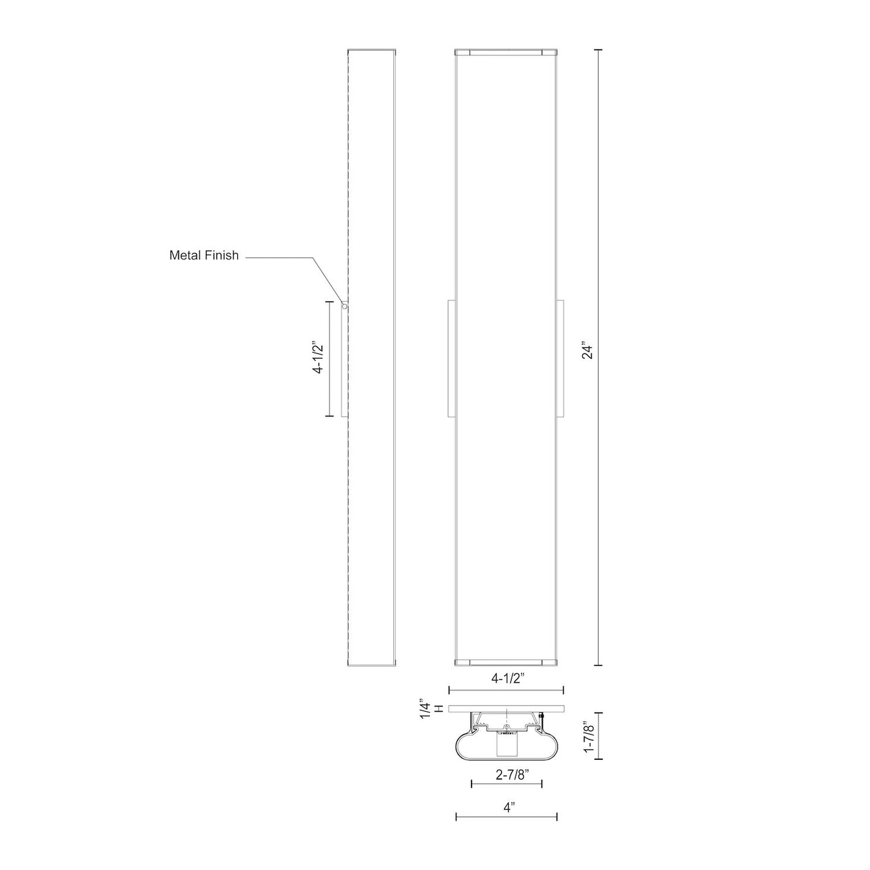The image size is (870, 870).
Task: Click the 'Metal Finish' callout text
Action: pyautogui.click(x=204, y=255)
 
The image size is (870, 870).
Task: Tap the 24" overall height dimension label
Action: pyautogui.click(x=588, y=351)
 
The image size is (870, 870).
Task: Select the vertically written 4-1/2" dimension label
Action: pyautogui.click(x=318, y=358)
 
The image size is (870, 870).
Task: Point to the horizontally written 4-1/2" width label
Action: pyautogui.click(x=509, y=678)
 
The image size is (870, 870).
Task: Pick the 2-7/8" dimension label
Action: pyautogui.click(x=508, y=775)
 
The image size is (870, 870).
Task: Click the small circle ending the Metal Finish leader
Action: pyautogui.click(x=344, y=306)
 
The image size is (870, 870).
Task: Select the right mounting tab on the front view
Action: pyautogui.click(x=561, y=358)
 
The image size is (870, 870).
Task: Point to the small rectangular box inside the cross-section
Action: pyautogui.click(x=506, y=746)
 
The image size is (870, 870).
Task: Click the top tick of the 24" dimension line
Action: pyautogui.click(x=598, y=50)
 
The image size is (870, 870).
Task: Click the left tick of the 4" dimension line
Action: pyautogui.click(x=456, y=816)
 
